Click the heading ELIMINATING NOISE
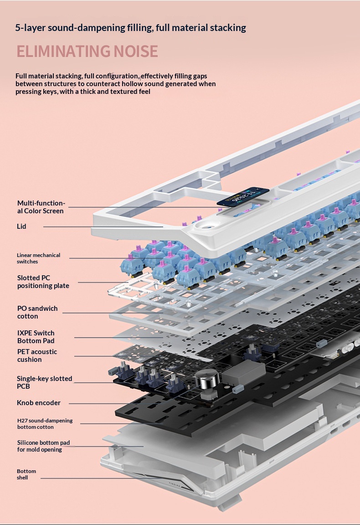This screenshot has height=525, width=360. click(x=87, y=51)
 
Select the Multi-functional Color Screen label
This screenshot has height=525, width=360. click(x=41, y=207)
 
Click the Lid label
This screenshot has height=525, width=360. click(x=22, y=226)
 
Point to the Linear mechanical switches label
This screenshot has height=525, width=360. click(x=38, y=258)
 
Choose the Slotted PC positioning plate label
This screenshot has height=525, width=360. click(x=43, y=282)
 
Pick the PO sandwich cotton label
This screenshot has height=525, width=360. click(x=37, y=312)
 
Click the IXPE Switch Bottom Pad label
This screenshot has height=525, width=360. click(x=36, y=337)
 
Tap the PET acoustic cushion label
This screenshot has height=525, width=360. click(x=37, y=355)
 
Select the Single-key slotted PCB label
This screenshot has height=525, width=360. click(x=44, y=382)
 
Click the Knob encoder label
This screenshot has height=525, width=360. click(x=39, y=403)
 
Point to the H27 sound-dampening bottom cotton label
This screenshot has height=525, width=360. click(x=45, y=424)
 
